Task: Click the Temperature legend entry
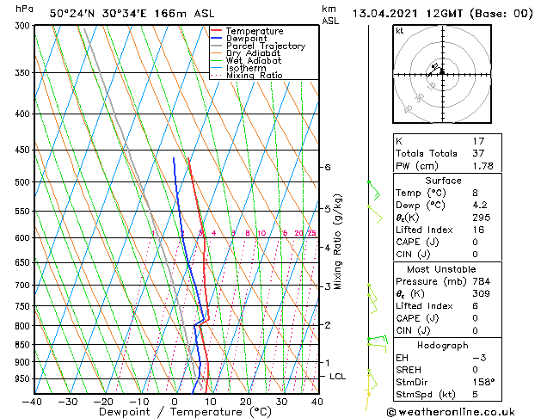click(x=254, y=31)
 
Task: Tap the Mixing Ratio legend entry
click(x=255, y=76)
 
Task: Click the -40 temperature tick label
click(x=33, y=401)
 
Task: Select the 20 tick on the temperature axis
click(x=245, y=401)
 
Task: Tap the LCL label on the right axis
click(x=338, y=377)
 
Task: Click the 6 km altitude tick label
click(x=327, y=167)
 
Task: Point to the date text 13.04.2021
click(x=384, y=13)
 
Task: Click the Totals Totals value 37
click(x=479, y=153)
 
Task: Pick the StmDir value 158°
click(x=484, y=382)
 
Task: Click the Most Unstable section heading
click(x=443, y=268)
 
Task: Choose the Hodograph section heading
click(x=443, y=345)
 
